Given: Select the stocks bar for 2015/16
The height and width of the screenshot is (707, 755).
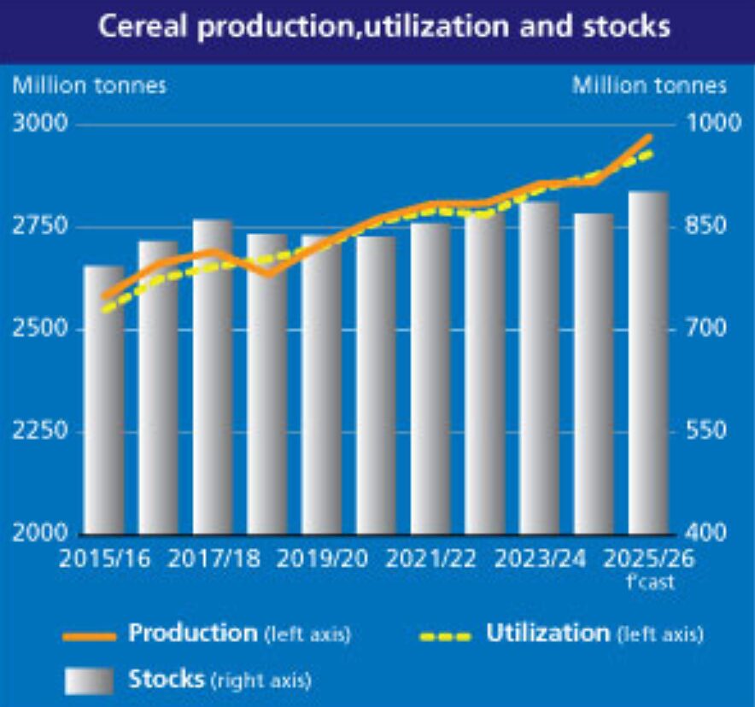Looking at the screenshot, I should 103,401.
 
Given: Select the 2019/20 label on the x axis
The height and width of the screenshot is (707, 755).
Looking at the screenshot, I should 322,559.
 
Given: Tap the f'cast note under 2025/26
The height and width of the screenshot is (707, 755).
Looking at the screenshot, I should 650,583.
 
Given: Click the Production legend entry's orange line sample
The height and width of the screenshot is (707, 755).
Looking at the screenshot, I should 89,636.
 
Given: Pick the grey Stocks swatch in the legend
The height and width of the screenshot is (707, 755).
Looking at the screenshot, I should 89,681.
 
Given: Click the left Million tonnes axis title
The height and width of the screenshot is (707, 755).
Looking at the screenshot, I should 88,85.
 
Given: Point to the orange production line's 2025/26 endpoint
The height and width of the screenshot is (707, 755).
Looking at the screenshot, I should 648,137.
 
